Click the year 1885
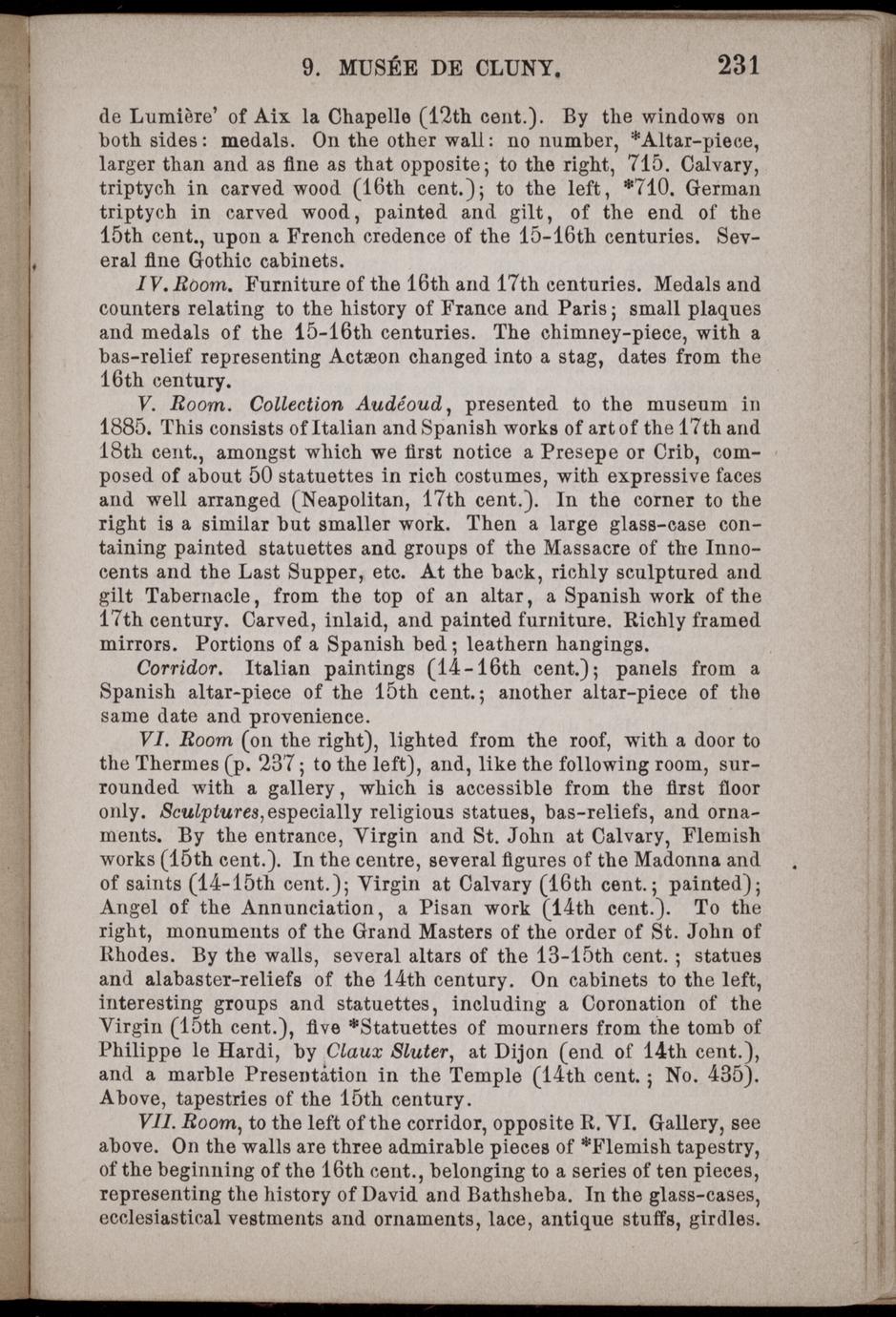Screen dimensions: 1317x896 [126, 429]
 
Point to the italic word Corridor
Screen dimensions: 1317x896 [180, 668]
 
